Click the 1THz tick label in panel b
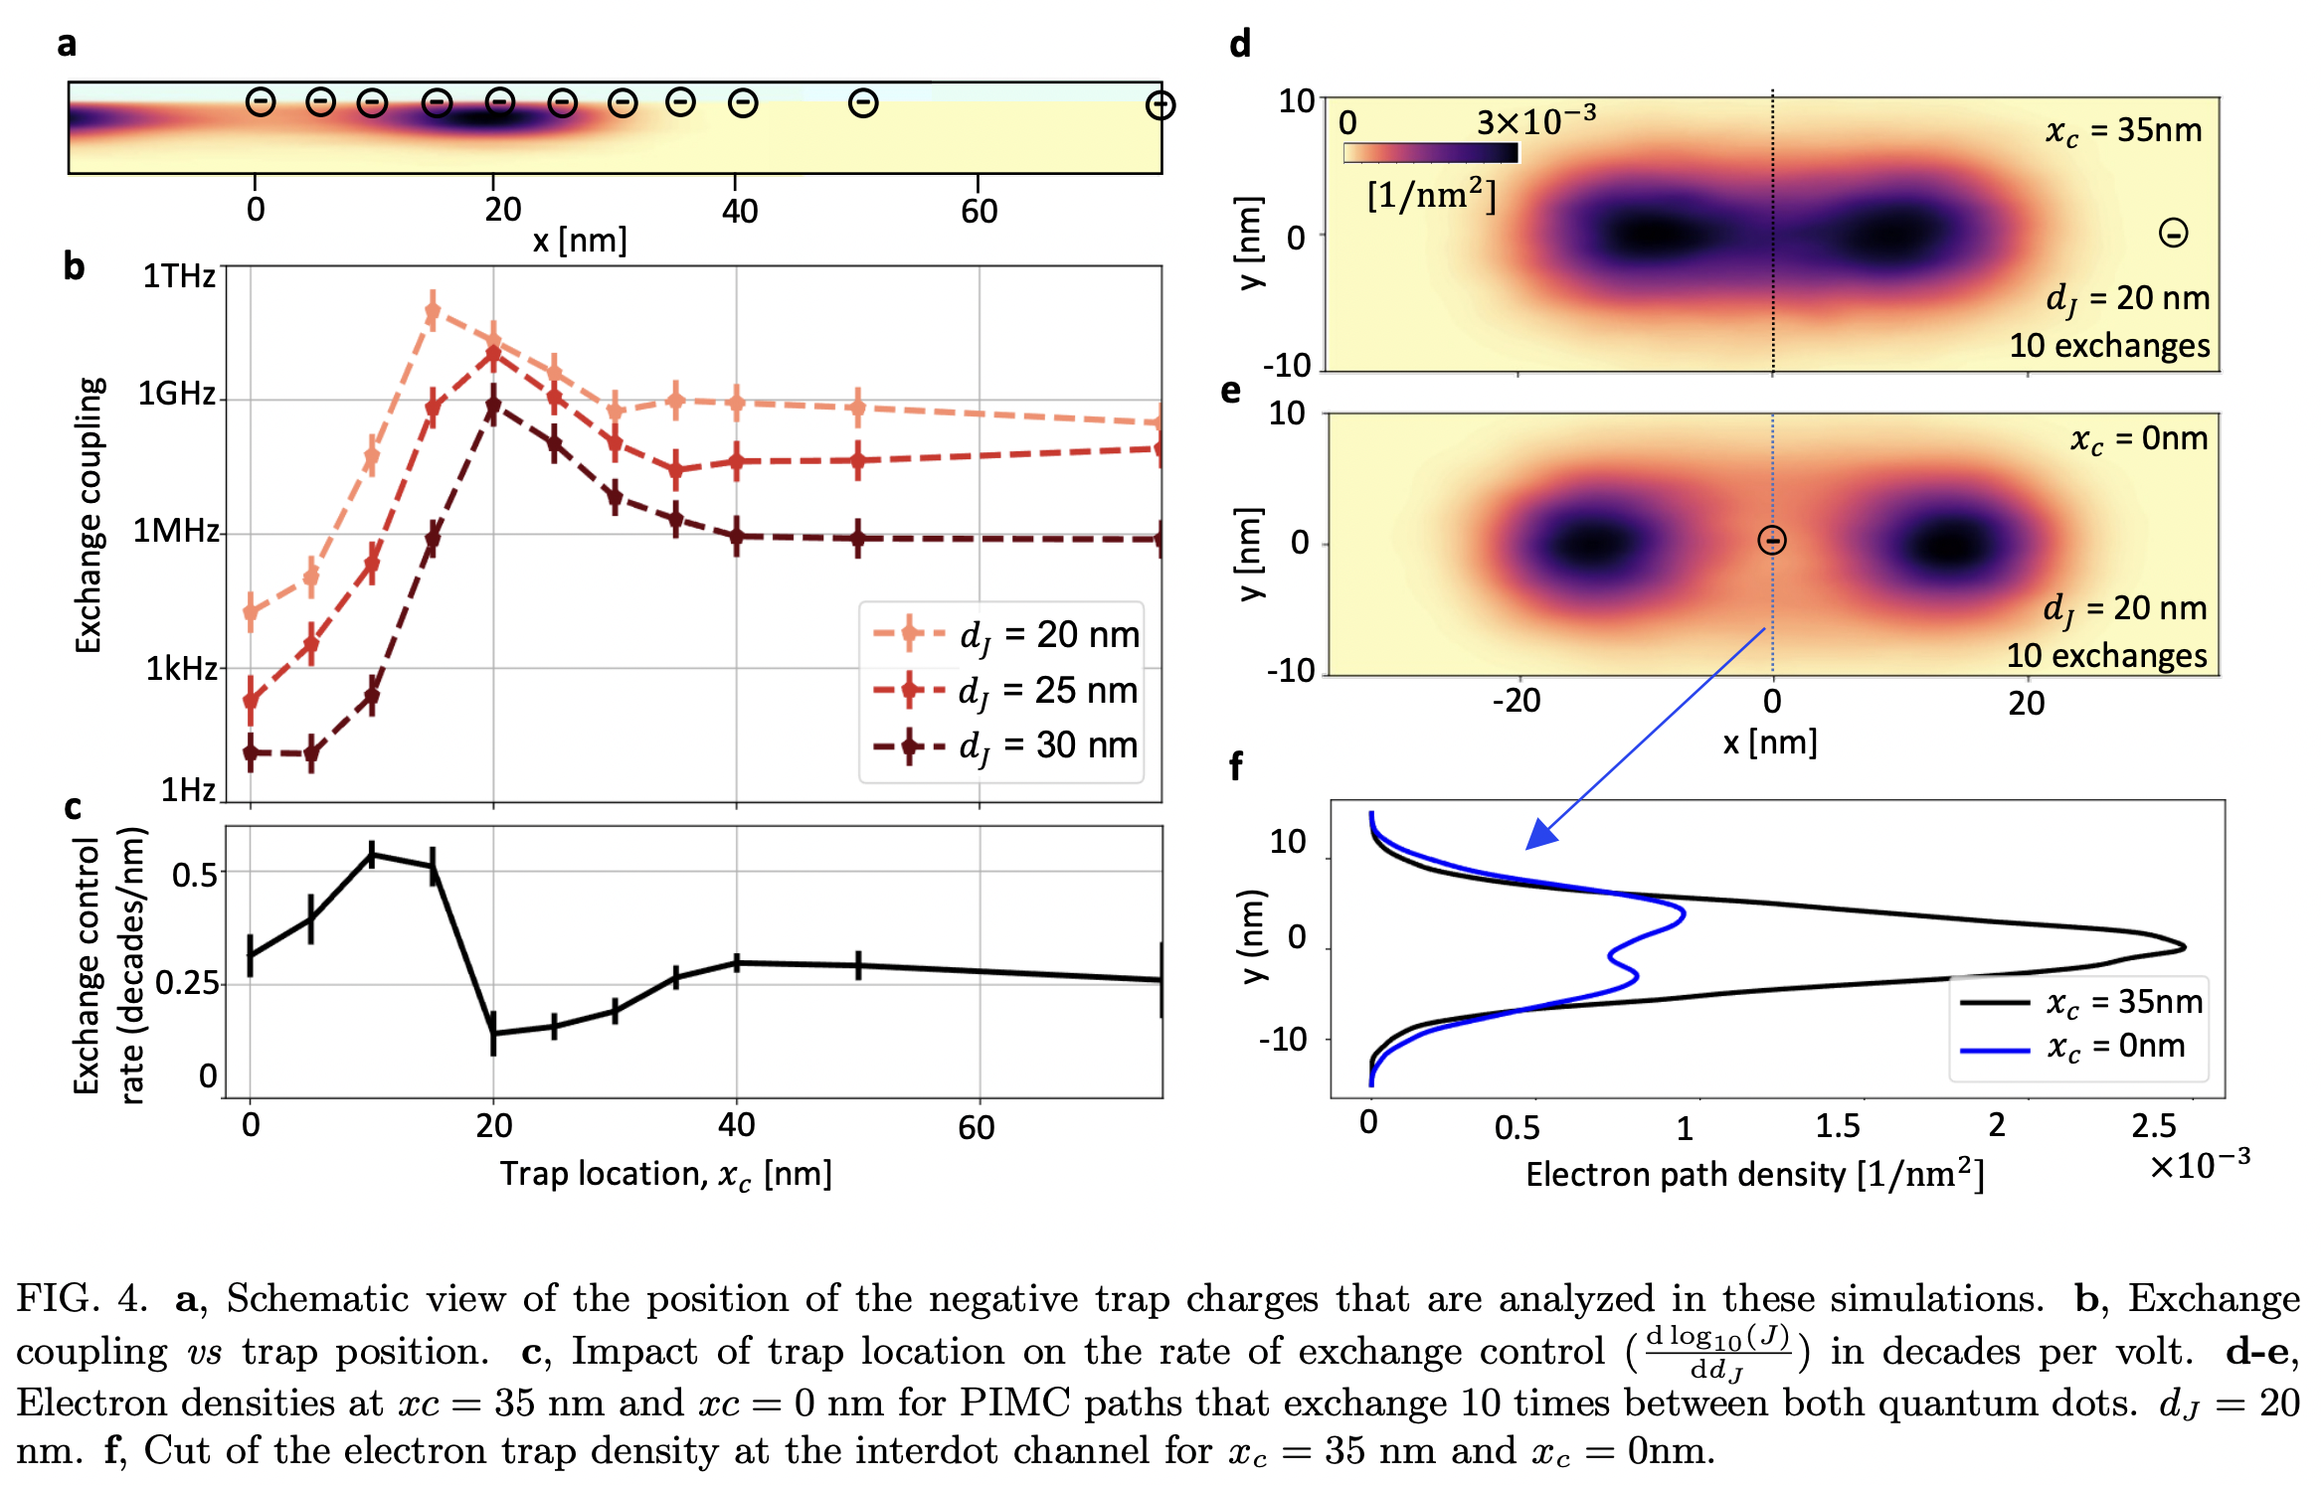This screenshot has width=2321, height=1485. click(x=179, y=275)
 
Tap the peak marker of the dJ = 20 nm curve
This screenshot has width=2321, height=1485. click(x=432, y=312)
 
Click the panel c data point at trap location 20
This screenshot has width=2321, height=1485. click(x=493, y=1034)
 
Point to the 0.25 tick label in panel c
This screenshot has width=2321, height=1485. click(x=187, y=983)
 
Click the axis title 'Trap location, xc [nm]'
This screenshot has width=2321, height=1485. click(x=665, y=1174)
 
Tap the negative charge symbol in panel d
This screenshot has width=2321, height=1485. click(x=2174, y=234)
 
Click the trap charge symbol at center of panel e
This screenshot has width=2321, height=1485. click(x=1772, y=540)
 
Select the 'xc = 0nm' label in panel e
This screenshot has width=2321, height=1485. click(x=2138, y=438)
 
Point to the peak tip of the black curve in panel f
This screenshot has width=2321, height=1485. click(x=2184, y=947)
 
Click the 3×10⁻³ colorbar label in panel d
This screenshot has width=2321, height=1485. click(x=1534, y=121)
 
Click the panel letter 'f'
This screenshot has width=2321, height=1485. click(x=1236, y=766)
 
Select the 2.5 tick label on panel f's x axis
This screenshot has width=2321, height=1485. click(x=2154, y=1125)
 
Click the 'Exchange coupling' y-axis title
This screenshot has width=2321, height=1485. click(x=89, y=515)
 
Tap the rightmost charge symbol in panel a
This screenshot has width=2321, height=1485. click(x=1160, y=104)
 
